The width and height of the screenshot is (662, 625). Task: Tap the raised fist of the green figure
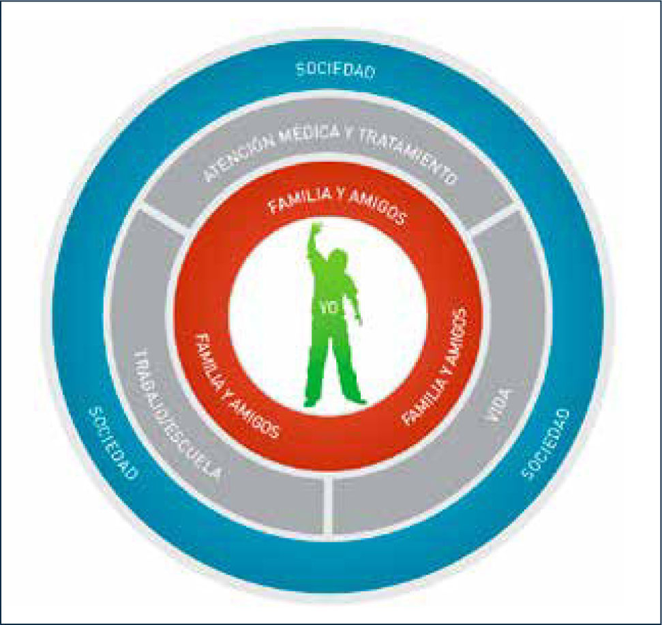(315, 231)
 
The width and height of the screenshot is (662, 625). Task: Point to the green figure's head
(338, 261)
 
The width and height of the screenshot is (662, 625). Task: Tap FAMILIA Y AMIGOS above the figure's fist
(337, 204)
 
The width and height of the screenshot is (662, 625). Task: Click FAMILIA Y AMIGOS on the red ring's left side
(236, 386)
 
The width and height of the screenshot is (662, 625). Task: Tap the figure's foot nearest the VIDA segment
(355, 401)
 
